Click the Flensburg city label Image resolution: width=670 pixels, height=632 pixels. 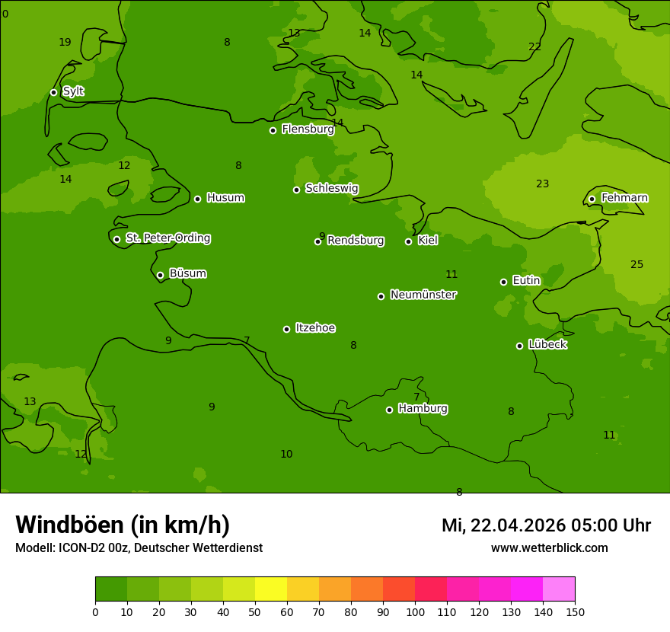tap(308, 129)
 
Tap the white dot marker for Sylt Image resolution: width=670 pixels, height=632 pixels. tap(53, 92)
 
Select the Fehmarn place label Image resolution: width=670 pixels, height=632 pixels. tap(624, 198)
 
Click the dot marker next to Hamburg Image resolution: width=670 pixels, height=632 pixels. tap(389, 410)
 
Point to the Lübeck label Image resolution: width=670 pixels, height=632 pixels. tap(547, 344)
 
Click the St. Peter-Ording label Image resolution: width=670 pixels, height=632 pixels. tap(167, 238)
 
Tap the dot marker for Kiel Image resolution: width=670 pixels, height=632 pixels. tap(408, 241)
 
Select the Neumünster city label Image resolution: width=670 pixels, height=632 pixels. tap(423, 295)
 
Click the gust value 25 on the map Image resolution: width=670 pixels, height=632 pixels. tap(636, 265)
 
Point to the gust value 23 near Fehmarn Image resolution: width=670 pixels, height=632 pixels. tap(542, 184)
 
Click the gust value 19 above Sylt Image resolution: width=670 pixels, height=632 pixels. tap(65, 43)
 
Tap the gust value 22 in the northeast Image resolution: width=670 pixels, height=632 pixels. tap(534, 47)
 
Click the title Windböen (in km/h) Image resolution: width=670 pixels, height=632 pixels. tap(123, 525)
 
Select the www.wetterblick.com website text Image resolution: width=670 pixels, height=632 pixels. tap(549, 547)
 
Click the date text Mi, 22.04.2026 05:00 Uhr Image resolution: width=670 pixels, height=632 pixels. tap(546, 525)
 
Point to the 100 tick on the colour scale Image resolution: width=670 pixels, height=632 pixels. tap(415, 612)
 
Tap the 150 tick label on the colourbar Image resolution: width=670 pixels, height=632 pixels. tap(575, 612)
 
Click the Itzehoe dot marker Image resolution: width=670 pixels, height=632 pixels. tap(286, 329)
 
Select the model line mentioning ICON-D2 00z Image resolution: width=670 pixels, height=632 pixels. tap(139, 547)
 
